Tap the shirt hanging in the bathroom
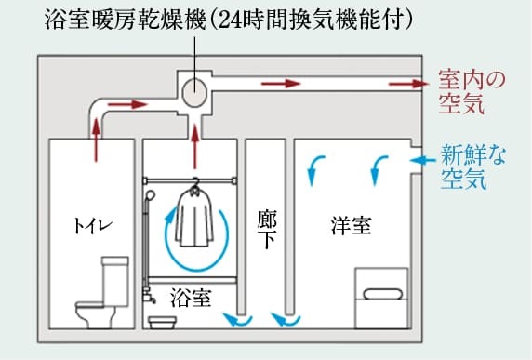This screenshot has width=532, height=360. pos(194,217)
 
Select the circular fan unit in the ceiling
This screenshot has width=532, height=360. pos(194,91)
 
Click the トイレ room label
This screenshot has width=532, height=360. pos(93,226)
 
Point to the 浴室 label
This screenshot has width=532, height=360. pos(191,298)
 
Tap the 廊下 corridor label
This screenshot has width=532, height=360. pos(267,229)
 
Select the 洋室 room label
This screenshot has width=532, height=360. pos(352,225)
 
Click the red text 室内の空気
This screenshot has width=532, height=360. pos(472,91)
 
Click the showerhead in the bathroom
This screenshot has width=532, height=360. pos(150,196)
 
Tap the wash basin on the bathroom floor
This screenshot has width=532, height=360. pos(163,323)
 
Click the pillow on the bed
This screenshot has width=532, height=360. pos(383,294)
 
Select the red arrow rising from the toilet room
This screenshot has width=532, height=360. pos(97,140)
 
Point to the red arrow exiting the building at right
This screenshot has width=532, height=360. pos(408,84)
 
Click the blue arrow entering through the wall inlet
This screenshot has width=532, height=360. pos(422,160)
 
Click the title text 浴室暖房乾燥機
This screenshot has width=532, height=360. pos(126,20)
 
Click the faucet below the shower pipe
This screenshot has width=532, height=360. pos(149,296)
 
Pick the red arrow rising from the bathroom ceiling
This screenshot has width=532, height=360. pos(194,147)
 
